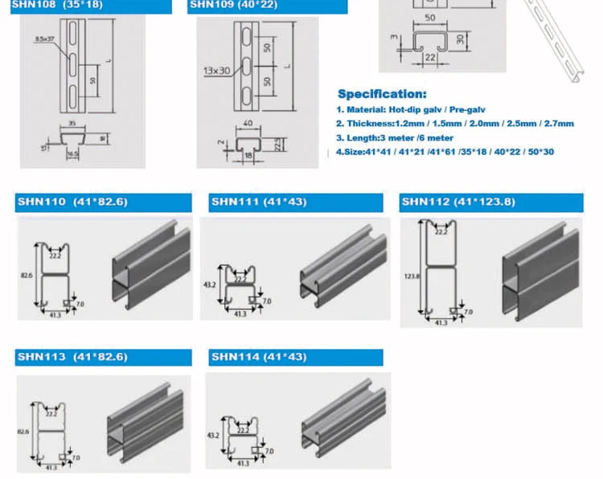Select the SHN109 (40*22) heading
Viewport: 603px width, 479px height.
(x=232, y=5)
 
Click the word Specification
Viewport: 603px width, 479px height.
(x=382, y=94)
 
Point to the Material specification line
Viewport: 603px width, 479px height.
(x=411, y=109)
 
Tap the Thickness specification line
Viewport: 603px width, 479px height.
(x=455, y=124)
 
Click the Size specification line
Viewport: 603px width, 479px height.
(x=445, y=151)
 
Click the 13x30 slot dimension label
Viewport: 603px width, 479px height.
(x=217, y=70)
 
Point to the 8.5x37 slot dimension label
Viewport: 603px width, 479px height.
(x=46, y=38)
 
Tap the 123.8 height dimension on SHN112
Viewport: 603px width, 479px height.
(x=412, y=276)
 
